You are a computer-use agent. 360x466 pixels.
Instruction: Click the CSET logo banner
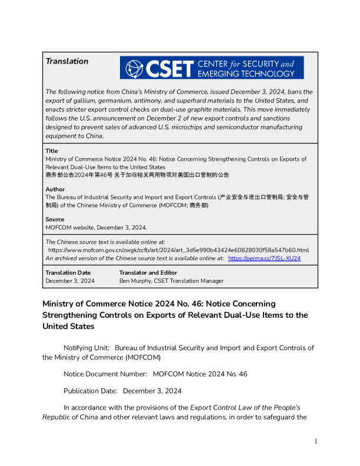[212, 68]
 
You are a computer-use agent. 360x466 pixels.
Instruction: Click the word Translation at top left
[67, 61]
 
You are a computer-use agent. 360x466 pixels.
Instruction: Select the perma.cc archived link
[264, 258]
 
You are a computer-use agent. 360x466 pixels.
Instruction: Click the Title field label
[52, 151]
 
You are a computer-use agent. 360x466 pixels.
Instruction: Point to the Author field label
[55, 189]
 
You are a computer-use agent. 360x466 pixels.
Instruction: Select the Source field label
[55, 219]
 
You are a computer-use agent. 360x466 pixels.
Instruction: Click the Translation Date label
[68, 272]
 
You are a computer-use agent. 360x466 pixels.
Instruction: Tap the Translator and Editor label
[148, 272]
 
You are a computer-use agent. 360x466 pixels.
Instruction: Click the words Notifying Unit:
[86, 348]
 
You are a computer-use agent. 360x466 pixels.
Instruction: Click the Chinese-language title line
[137, 175]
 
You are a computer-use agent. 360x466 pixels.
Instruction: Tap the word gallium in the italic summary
[77, 101]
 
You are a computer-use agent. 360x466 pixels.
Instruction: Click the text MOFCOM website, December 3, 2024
[96, 227]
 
